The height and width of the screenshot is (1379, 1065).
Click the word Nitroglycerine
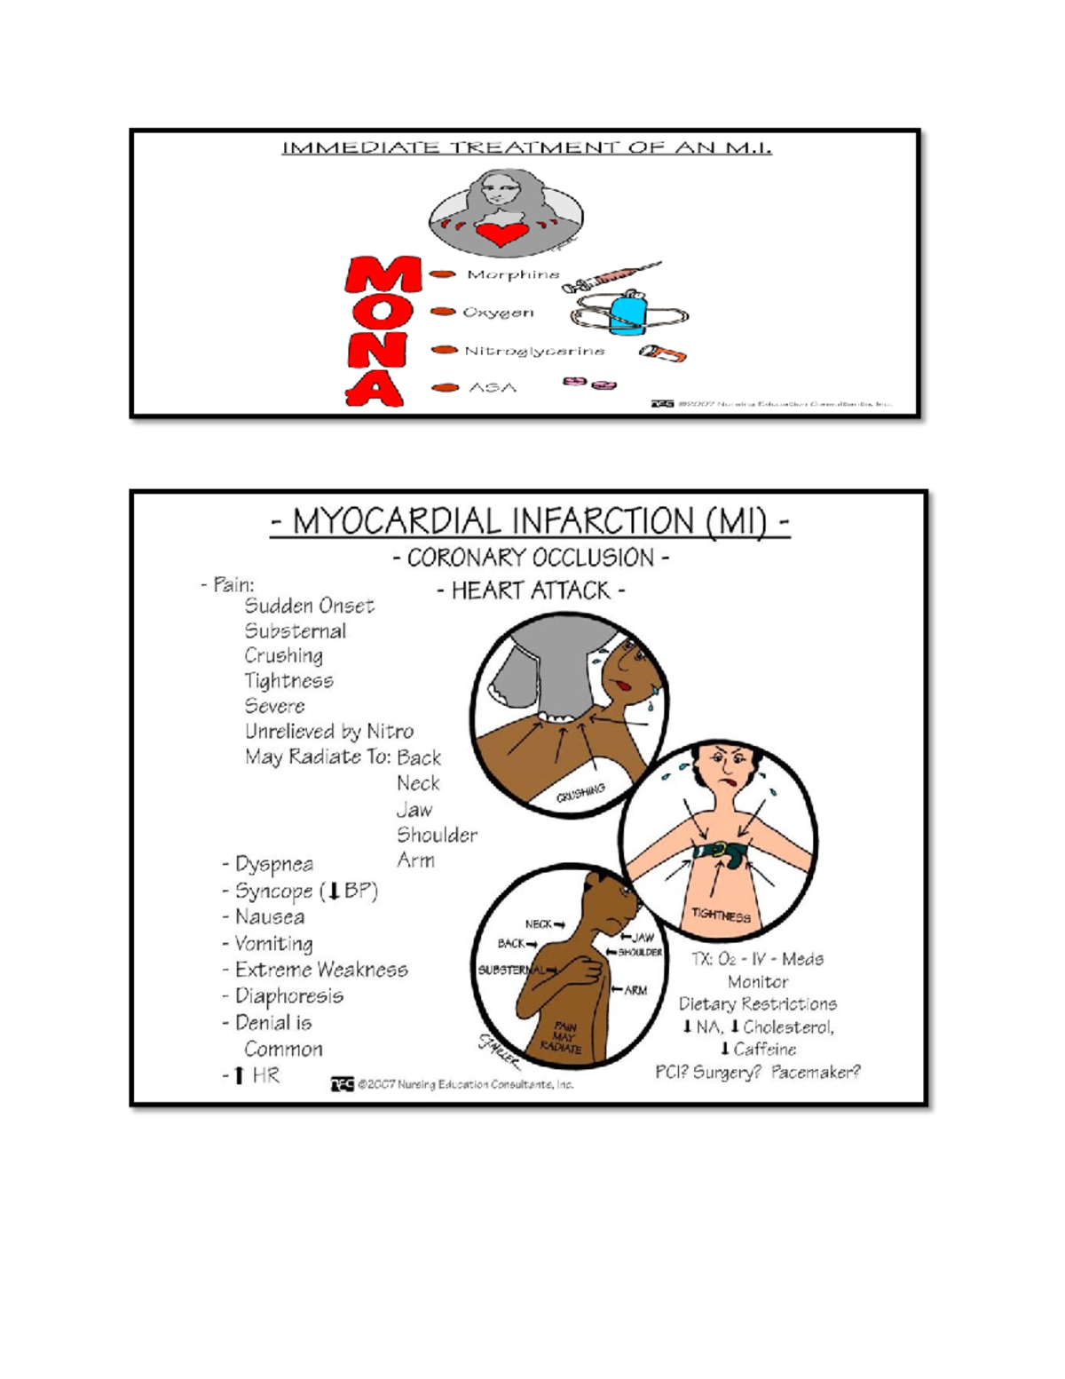[534, 351]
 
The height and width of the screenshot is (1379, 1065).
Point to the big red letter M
[383, 275]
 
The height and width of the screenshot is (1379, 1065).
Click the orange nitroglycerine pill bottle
[663, 354]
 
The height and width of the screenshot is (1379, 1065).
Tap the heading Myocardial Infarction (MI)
[530, 521]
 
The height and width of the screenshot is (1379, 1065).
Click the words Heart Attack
[531, 590]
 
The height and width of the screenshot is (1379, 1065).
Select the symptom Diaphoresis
[288, 996]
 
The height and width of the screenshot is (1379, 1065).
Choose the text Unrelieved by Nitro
[328, 731]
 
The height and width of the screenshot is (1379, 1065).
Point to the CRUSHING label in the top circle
[580, 792]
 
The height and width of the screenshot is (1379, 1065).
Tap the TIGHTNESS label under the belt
[721, 915]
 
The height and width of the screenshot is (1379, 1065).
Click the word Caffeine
[764, 1049]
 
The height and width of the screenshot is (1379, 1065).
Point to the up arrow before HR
[238, 1075]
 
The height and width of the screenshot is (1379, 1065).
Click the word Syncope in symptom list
[273, 891]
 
